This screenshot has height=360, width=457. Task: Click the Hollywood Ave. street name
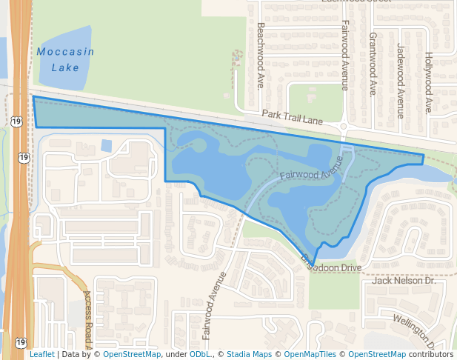point(428,81)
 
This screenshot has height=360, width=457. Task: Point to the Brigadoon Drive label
point(330,264)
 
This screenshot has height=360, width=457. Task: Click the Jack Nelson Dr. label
point(404,281)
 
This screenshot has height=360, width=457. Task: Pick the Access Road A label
point(87,319)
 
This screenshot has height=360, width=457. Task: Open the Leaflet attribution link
point(41,354)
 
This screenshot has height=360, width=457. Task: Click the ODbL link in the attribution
point(199,354)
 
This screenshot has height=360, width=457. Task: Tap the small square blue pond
point(106,145)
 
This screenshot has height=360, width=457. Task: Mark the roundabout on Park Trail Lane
point(344,128)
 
